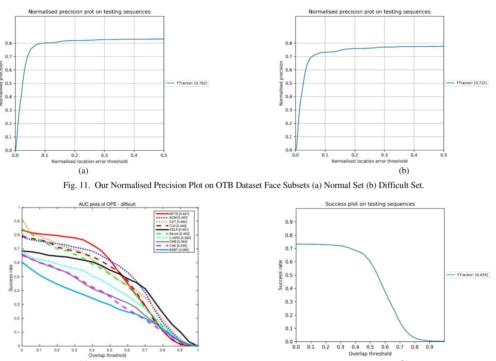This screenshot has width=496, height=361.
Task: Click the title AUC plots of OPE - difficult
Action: point(107,204)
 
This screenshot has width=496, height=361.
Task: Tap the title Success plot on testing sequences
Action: point(370,204)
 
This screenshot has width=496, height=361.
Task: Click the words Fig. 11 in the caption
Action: point(76,185)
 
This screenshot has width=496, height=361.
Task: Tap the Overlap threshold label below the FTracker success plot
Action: point(370,354)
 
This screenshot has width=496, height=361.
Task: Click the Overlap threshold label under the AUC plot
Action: point(107,355)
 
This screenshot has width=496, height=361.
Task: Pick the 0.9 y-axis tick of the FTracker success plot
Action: point(289,222)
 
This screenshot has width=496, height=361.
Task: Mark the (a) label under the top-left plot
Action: point(83,171)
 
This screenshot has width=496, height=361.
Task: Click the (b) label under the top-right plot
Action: point(404,171)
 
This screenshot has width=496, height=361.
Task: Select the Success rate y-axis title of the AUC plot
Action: point(11,278)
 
